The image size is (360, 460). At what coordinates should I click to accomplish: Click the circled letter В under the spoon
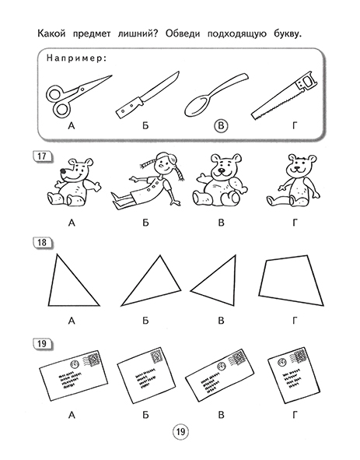(x=221, y=126)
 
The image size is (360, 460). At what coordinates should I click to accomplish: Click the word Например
(x=76, y=58)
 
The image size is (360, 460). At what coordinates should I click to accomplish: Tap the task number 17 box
(x=42, y=156)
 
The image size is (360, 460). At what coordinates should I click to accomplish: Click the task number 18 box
(x=42, y=243)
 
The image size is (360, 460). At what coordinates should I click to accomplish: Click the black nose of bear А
(x=63, y=170)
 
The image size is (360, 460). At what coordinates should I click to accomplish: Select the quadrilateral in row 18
(x=291, y=280)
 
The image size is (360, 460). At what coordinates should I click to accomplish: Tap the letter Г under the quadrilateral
(x=295, y=321)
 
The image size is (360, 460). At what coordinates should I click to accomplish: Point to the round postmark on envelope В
(x=222, y=366)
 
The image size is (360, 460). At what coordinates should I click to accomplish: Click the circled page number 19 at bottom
(x=180, y=432)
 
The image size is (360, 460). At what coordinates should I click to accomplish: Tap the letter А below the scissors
(x=72, y=126)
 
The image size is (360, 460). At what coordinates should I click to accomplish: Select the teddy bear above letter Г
(x=293, y=181)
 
